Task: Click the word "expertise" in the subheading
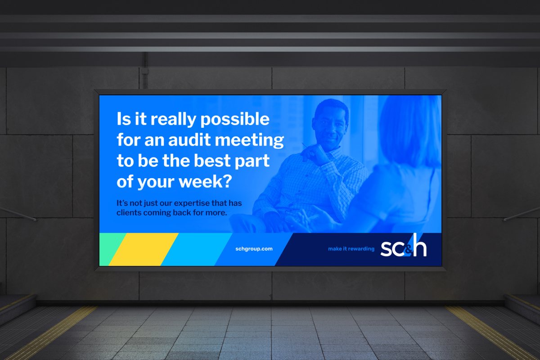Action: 191,203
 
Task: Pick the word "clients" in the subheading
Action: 129,213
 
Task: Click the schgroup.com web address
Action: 254,249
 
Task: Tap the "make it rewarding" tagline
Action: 351,249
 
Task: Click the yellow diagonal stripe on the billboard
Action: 144,249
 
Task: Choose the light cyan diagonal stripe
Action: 197,249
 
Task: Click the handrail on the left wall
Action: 18,214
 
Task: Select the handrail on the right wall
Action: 522,214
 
